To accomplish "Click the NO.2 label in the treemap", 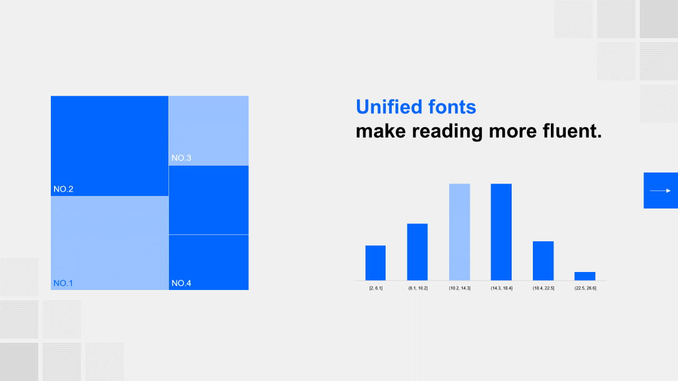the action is [63, 189].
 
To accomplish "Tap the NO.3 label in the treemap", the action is [181, 158].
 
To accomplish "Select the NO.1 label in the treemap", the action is [63, 283].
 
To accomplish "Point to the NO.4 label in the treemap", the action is [181, 283].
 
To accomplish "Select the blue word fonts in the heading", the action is [452, 107].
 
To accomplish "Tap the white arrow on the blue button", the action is [660, 191].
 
